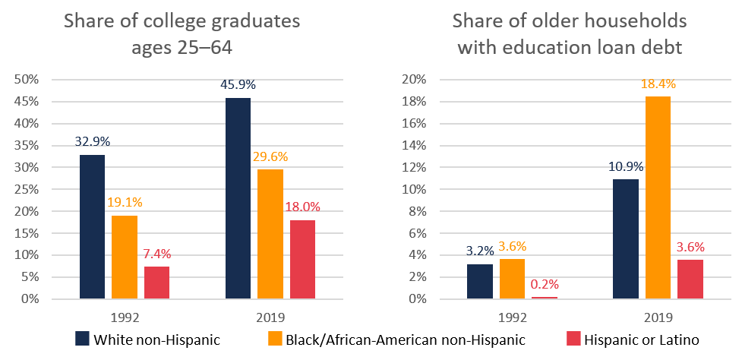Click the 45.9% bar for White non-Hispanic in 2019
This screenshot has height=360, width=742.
click(x=238, y=198)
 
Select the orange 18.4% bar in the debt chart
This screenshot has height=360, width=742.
click(x=658, y=197)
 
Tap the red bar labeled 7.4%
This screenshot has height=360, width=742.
click(x=156, y=283)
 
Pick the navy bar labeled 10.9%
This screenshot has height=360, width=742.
click(x=626, y=238)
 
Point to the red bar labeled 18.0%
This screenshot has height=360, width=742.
click(x=302, y=259)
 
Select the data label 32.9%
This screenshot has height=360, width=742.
click(x=91, y=141)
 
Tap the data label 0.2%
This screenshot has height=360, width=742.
click(x=545, y=284)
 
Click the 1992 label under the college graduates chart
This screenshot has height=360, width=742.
click(x=125, y=314)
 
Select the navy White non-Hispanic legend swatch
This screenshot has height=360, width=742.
click(x=82, y=339)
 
